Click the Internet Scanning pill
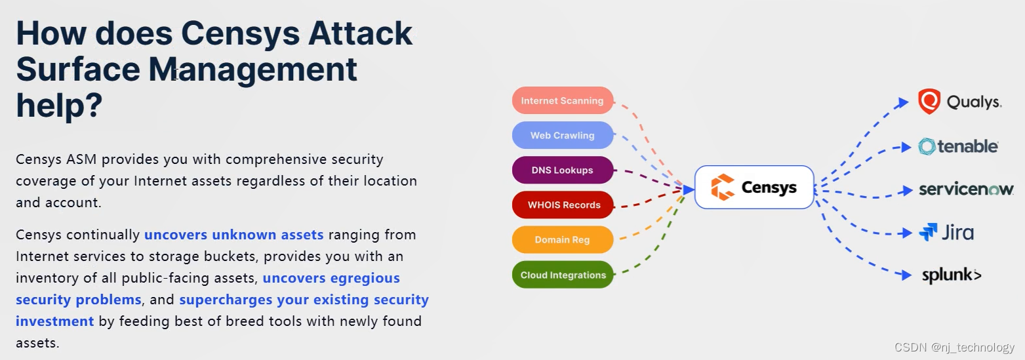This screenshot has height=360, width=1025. (x=563, y=100)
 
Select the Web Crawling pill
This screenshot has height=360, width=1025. (x=563, y=135)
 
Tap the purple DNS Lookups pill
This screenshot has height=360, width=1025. (x=563, y=170)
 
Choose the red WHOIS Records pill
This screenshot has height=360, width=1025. (x=563, y=205)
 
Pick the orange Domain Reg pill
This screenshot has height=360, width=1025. (x=563, y=239)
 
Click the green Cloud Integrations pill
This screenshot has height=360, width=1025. (x=563, y=275)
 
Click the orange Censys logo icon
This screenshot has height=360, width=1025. (x=722, y=187)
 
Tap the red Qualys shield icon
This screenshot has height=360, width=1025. (x=929, y=101)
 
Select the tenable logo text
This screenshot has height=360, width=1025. (x=967, y=147)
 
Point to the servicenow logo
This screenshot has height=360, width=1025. (x=966, y=189)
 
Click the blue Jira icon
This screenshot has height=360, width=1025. (x=928, y=232)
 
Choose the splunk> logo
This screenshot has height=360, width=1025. (x=952, y=275)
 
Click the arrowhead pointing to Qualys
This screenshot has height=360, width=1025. (x=903, y=102)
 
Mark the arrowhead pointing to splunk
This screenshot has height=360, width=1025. (x=906, y=275)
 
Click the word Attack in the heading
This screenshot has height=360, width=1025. (x=360, y=33)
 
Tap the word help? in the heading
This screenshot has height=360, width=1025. (x=59, y=106)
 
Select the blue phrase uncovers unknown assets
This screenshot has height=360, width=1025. (x=234, y=235)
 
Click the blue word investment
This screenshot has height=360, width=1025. (x=55, y=321)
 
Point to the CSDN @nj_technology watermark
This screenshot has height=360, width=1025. (x=954, y=347)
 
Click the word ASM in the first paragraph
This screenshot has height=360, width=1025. (x=81, y=159)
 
